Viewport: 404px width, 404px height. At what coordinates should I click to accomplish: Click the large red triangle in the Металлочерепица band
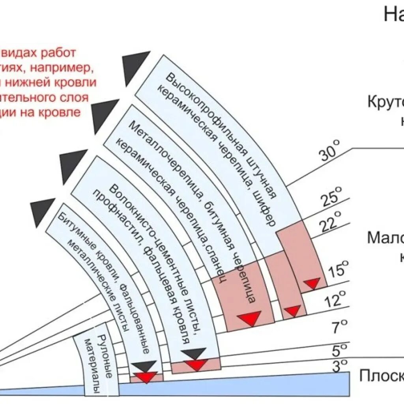point(249,318)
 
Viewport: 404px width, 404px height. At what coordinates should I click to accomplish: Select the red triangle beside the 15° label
point(312,283)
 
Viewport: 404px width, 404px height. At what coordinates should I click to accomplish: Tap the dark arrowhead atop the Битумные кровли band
point(42,211)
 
